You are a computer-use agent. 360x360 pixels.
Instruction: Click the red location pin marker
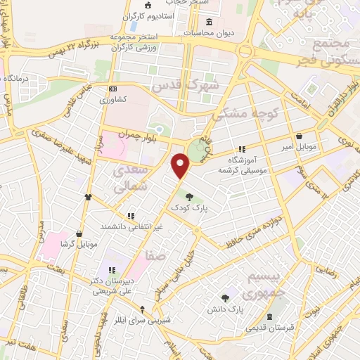pyautogui.click(x=181, y=165)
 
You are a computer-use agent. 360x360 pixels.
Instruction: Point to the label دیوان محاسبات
pyautogui.click(x=207, y=32)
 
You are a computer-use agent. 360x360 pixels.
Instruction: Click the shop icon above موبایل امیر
pyautogui.click(x=300, y=136)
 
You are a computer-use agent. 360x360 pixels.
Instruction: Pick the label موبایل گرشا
pyautogui.click(x=79, y=244)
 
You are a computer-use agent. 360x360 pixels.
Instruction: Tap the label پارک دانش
pyautogui.click(x=225, y=309)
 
